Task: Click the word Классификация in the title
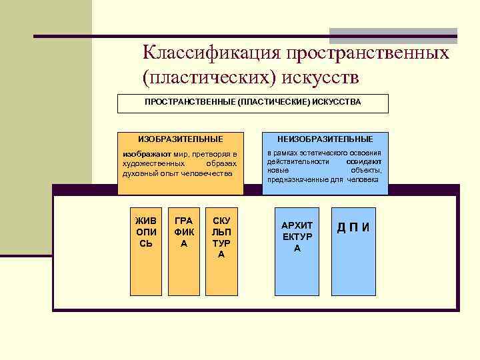[x=211, y=53]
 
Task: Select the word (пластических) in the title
[x=210, y=77]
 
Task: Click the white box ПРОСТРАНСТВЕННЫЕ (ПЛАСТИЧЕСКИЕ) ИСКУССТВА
[x=253, y=103]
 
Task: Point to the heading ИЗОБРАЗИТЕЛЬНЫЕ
[x=180, y=139]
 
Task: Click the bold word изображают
[x=145, y=154]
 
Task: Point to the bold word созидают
[x=364, y=162]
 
